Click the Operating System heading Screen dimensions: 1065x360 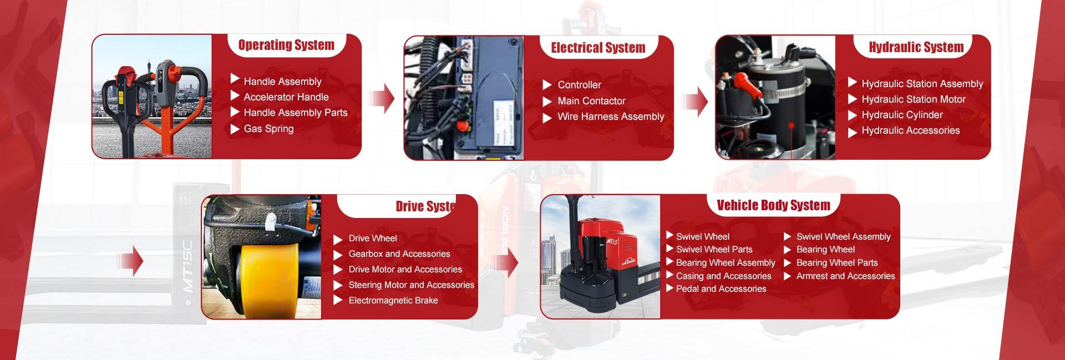point(286,45)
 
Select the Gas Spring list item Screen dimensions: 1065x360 point(268,129)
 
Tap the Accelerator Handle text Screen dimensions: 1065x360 point(286,97)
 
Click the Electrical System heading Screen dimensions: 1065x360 point(598,48)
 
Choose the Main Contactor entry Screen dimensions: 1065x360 point(591,101)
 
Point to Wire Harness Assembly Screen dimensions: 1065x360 point(611,116)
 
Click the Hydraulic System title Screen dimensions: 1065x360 point(916,48)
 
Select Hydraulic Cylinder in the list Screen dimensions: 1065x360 point(902,115)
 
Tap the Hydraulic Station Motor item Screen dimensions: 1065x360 point(913,99)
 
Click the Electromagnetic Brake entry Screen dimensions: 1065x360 point(393,301)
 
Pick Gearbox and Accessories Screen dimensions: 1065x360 point(399,254)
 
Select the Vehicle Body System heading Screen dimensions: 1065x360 point(773,206)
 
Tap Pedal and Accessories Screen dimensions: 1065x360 point(721,289)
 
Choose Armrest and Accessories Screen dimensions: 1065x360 point(845,276)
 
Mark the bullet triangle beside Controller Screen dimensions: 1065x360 point(547,85)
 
